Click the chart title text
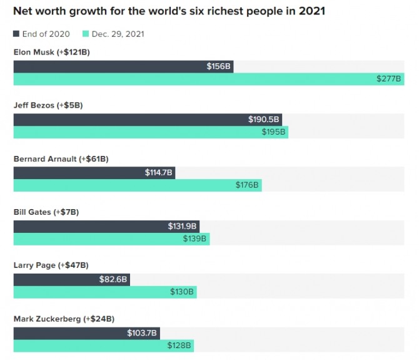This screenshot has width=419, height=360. click(x=169, y=11)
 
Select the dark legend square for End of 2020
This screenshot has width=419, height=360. click(x=16, y=34)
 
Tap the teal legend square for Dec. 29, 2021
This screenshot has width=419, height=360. click(x=86, y=34)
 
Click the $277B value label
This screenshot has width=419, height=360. click(x=390, y=79)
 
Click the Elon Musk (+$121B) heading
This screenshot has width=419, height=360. click(x=51, y=52)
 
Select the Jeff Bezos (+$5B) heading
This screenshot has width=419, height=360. click(x=48, y=105)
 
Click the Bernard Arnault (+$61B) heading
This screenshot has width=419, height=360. click(x=61, y=159)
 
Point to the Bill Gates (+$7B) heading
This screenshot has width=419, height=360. click(x=46, y=212)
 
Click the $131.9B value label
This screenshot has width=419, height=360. click(x=183, y=226)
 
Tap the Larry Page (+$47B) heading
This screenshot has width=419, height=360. click(x=50, y=265)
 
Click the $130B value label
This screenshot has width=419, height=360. click(x=183, y=292)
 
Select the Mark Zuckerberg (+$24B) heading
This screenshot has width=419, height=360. click(x=64, y=319)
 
